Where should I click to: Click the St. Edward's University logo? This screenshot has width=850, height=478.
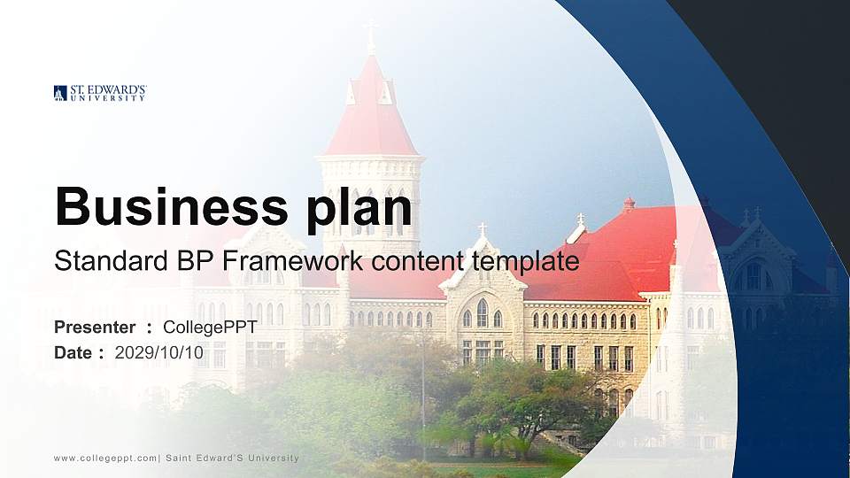coord(99,93)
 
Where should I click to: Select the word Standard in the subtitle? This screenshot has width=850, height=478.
coord(98,261)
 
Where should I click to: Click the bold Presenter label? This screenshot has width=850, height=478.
coord(95,328)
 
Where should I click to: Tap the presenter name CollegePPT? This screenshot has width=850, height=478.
coord(210,328)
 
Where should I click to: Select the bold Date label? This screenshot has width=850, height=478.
coord(73,353)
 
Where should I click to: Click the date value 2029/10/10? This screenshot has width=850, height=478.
coord(159,353)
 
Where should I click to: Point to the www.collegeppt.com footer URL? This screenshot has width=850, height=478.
coord(104,458)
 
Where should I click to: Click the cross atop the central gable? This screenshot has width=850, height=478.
coord(482,228)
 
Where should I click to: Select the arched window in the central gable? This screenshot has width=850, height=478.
coord(482,312)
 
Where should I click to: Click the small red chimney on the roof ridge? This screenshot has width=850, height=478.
coord(629,204)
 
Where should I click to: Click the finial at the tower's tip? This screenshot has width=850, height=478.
coord(371,35)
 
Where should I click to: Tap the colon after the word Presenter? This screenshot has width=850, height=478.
coord(149,328)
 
